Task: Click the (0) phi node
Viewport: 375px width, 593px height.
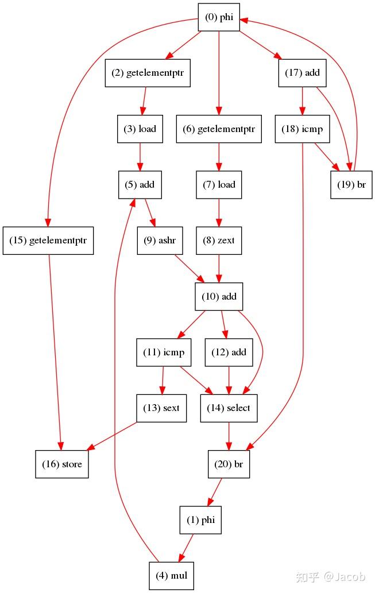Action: (219, 18)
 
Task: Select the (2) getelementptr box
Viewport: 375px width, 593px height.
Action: (147, 73)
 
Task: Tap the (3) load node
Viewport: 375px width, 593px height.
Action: (140, 129)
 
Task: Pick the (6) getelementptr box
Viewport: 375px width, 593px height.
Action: (219, 129)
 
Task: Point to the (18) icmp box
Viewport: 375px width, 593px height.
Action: (303, 129)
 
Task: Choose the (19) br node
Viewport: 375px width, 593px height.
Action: (351, 184)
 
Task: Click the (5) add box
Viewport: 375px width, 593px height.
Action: (140, 184)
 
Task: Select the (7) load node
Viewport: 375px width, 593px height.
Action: (219, 184)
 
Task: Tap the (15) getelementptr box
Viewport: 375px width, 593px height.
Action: (48, 241)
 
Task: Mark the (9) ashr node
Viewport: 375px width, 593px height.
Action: (160, 241)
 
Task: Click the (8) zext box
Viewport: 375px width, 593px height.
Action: (219, 241)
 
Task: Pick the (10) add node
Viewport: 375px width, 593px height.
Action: (219, 297)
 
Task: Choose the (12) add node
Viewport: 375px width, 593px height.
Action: (230, 352)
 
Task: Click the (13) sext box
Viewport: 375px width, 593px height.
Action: (161, 408)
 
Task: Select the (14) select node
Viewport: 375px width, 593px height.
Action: (229, 408)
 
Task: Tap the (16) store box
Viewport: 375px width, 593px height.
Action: (61, 464)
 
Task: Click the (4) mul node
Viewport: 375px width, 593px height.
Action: (172, 575)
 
